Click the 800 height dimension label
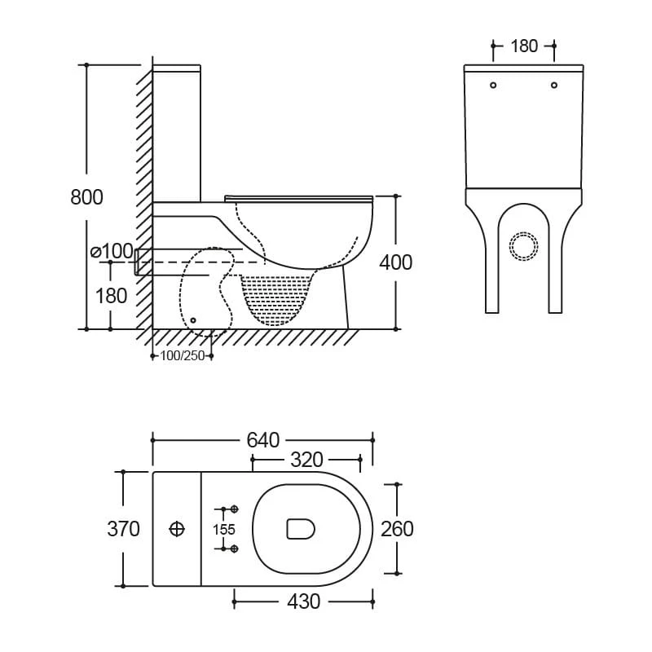tap(87, 196)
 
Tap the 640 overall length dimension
tap(262, 440)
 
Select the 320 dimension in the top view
tap(306, 460)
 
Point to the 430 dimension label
tap(303, 602)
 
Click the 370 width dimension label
tap(124, 529)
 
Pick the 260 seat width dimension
tap(397, 529)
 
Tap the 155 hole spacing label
tap(224, 529)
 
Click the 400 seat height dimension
tap(396, 262)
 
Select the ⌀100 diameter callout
tap(112, 251)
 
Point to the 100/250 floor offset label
tap(183, 355)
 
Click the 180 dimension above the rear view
tap(524, 46)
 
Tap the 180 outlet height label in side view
tap(112, 295)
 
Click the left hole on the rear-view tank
tap(493, 84)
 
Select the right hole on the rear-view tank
tap(554, 84)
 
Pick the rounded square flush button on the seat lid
tap(301, 529)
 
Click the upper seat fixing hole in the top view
tap(235, 509)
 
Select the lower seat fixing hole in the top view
tap(235, 548)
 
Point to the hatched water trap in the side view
tap(279, 297)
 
